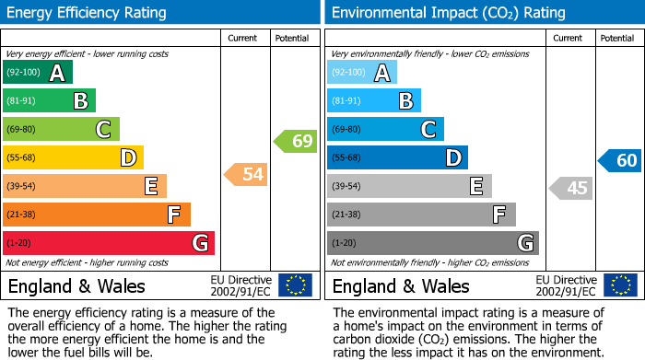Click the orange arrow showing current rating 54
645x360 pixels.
pyautogui.click(x=245, y=174)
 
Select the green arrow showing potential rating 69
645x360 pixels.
pyautogui.click(x=295, y=142)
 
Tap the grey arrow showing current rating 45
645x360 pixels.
pyautogui.click(x=570, y=188)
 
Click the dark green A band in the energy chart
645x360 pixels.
pyautogui.click(x=37, y=73)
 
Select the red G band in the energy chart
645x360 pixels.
pyautogui.click(x=109, y=243)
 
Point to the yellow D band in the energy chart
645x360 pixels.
pyautogui.click(x=73, y=158)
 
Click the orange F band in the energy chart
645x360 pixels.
pyautogui.click(x=97, y=215)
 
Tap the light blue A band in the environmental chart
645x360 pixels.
pyautogui.click(x=362, y=73)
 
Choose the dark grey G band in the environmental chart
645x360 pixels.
pyautogui.click(x=432, y=243)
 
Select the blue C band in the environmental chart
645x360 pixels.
pyautogui.click(x=385, y=130)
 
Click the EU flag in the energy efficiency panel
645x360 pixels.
pyautogui.click(x=296, y=285)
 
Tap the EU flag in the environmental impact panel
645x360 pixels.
pyautogui.click(x=620, y=285)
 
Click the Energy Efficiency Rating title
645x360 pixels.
pyautogui.click(x=87, y=13)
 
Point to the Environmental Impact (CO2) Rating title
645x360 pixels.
pyautogui.click(x=448, y=13)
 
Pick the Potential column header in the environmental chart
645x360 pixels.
pyautogui.click(x=617, y=38)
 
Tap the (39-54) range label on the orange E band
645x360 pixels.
pyautogui.click(x=22, y=187)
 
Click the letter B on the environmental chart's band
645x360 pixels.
pyautogui.click(x=405, y=101)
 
